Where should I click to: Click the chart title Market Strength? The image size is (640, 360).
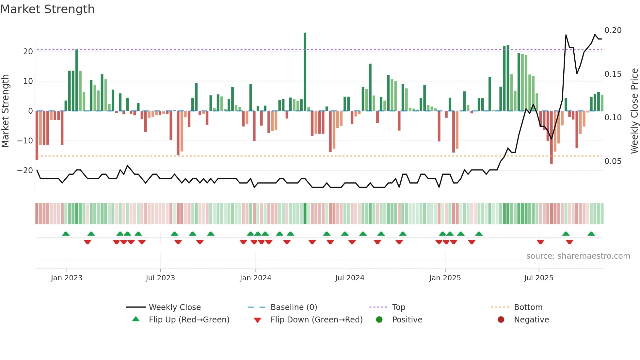click(47, 9)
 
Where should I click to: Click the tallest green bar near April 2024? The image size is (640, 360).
click(305, 72)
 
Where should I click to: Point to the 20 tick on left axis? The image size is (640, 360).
click(28, 52)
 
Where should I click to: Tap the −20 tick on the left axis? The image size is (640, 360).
click(25, 171)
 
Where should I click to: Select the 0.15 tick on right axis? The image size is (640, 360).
click(613, 74)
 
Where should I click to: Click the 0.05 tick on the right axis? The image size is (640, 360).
click(613, 161)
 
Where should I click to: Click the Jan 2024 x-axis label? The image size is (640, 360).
click(255, 278)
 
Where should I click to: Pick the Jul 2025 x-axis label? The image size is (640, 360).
click(538, 278)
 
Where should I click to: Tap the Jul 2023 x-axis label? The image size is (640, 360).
click(160, 278)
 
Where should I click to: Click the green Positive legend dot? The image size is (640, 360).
click(379, 320)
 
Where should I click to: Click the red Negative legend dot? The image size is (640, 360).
click(501, 320)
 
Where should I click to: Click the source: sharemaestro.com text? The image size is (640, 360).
click(578, 256)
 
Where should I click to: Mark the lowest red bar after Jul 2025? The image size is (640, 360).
click(552, 137)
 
